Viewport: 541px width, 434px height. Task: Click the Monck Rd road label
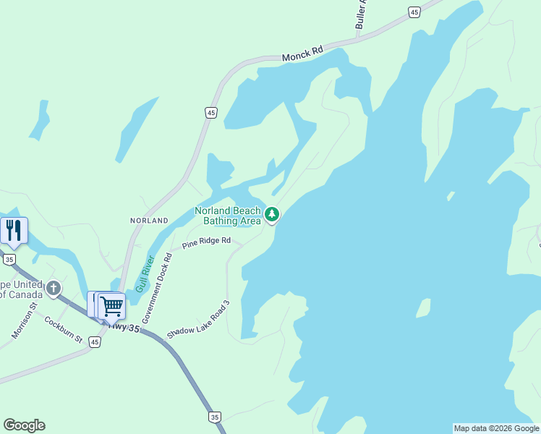pos(303,54)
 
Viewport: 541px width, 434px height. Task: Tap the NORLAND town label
pos(149,220)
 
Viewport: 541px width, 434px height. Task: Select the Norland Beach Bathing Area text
pos(227,216)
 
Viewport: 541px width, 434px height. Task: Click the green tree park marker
pos(272,214)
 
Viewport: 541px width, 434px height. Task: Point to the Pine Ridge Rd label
pos(206,243)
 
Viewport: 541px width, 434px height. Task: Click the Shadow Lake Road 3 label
pos(197,320)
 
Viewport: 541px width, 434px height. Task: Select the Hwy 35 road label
pos(124,327)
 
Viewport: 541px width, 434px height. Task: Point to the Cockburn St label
pos(63,329)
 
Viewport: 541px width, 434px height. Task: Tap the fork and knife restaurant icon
pos(14,230)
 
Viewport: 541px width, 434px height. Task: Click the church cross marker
pos(53,289)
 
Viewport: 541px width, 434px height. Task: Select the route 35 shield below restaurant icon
pos(9,259)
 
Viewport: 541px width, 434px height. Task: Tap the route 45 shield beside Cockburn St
pos(95,342)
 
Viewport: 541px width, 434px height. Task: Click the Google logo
pos(24,425)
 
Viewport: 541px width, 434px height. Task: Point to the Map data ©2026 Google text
pos(496,428)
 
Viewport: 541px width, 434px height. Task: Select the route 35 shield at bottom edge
pos(214,417)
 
